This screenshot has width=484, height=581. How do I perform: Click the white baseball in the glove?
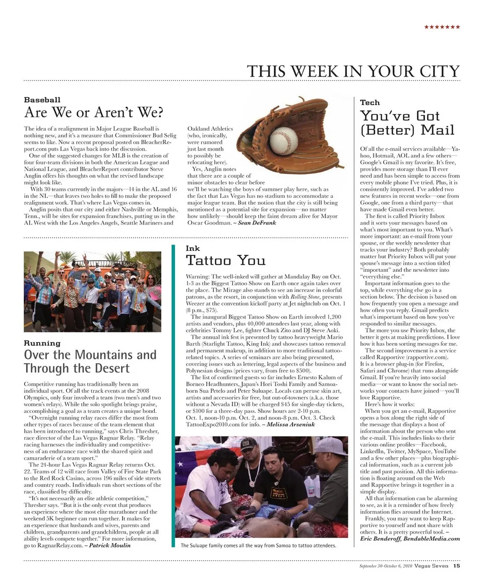click(x=283, y=140)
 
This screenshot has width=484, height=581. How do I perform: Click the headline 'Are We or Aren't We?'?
click(x=93, y=112)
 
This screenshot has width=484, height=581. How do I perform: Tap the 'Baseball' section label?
click(x=42, y=100)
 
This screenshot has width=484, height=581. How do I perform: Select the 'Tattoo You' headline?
click(x=225, y=260)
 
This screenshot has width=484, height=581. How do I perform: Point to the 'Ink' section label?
click(x=193, y=248)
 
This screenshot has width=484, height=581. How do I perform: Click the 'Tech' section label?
click(x=370, y=102)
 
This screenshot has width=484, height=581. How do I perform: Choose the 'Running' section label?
click(x=42, y=343)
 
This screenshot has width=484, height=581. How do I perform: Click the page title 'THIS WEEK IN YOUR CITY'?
click(x=353, y=71)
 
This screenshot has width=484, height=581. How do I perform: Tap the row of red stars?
click(x=442, y=26)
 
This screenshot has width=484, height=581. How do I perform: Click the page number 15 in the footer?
click(x=456, y=565)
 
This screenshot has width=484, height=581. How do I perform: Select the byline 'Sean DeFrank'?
click(x=257, y=223)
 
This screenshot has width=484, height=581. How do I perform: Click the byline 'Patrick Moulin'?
click(x=109, y=545)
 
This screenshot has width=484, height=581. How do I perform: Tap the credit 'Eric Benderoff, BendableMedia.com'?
click(x=410, y=538)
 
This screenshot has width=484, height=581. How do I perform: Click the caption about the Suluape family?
click(x=258, y=545)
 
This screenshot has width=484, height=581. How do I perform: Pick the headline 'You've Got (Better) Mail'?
click(x=407, y=123)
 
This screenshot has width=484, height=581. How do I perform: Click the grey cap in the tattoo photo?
click(x=329, y=446)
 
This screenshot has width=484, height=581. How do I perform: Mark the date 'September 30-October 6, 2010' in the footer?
click(x=385, y=566)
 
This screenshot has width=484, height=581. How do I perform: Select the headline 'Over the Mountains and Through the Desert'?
click(x=90, y=361)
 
